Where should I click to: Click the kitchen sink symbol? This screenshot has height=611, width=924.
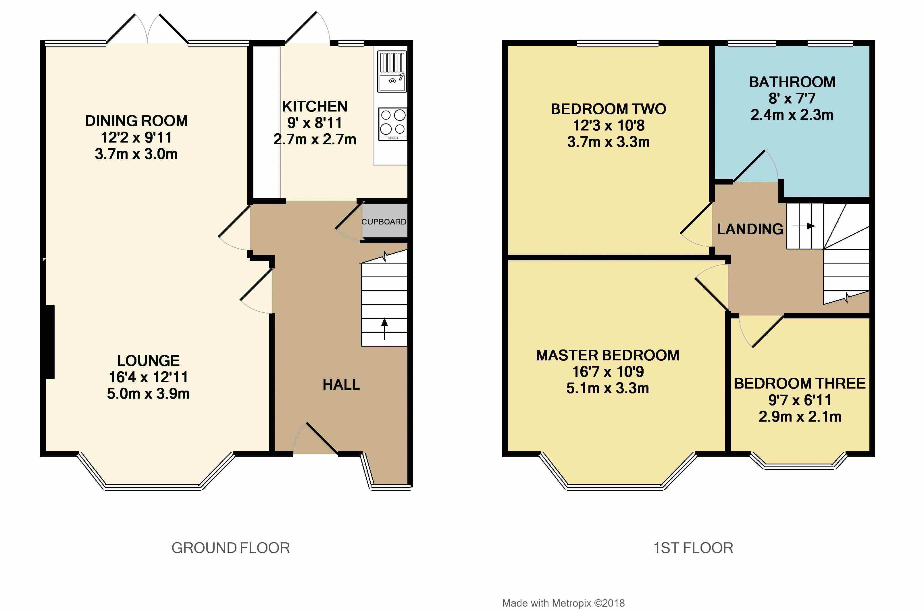392,72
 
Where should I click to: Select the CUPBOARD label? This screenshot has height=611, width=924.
384,222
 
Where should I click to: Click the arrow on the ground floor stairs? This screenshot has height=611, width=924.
384,329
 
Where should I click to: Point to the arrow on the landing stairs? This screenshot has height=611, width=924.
804,226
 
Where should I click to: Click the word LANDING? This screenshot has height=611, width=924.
750,229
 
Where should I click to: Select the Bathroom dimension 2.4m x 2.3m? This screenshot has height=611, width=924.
792,115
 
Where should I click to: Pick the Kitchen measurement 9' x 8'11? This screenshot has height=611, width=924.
315,123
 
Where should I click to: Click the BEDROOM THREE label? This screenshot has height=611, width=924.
800,383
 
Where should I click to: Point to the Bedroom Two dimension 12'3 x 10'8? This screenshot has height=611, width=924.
609,126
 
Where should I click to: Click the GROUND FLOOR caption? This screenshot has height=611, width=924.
231,548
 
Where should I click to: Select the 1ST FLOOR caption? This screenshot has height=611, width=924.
693,548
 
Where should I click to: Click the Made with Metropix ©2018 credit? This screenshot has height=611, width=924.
563,603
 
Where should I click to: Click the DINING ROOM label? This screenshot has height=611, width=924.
136,121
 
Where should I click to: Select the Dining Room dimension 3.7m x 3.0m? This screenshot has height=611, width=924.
136,154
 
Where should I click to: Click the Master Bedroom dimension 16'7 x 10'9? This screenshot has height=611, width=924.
608,372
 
